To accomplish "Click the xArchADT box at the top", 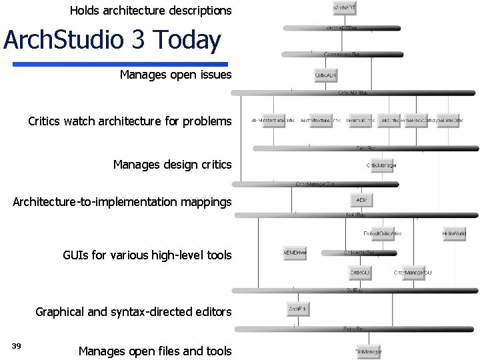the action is coord(345,8).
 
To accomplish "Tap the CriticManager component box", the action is coord(382,165).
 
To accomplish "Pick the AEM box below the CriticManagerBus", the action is coord(361,200).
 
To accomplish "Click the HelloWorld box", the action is coord(454,234).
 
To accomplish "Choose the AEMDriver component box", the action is coord(295,253).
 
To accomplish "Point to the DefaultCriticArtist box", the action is coord(382,234).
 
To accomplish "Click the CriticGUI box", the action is coord(361,273).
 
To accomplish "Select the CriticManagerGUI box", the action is coord(413,273).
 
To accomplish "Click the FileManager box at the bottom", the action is coord(369,351).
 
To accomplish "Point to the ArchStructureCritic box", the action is coord(321,121).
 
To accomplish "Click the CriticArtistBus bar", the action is coord(359,253).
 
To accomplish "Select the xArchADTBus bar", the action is coord(342,28).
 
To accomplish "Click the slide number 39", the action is coord(17,345).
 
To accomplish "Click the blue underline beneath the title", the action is coord(120,65).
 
